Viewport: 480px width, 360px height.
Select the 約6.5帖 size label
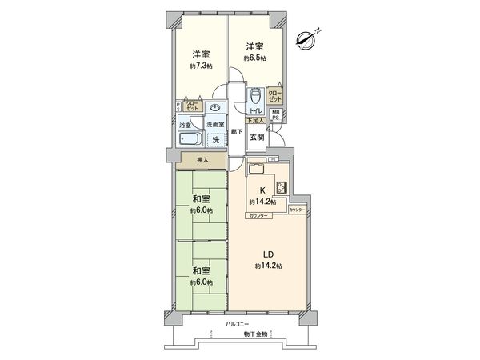[x=255, y=58]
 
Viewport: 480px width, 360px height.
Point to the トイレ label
[x=255, y=111]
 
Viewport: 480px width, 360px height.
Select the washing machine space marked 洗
[x=214, y=138]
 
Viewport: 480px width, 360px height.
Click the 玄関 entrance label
[x=257, y=136]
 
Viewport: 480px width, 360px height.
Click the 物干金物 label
[x=255, y=334]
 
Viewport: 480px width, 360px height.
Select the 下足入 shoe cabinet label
[x=254, y=121]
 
